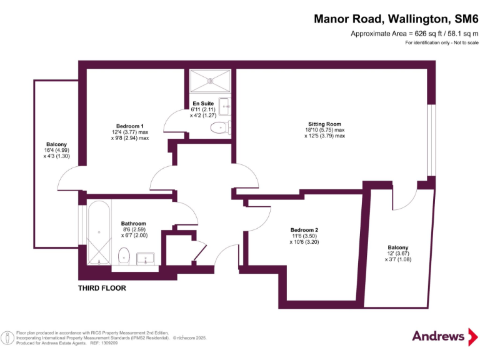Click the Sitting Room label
coord(324,124)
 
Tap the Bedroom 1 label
coord(131,126)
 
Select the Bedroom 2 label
coord(304,229)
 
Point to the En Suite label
coord(203,103)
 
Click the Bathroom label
coord(133,224)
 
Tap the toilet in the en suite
coord(219,129)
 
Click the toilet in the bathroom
coord(124,255)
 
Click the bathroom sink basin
coord(146,258)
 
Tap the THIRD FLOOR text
coord(102,288)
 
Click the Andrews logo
coord(439,336)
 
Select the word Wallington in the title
coord(411,19)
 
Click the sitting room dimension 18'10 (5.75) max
coord(324,129)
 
